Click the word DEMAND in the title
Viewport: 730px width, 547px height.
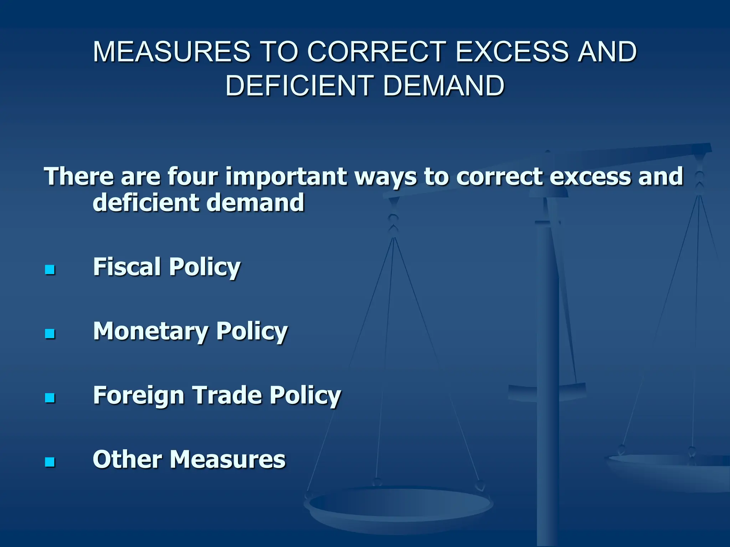click(x=444, y=86)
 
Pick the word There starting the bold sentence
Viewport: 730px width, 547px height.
click(x=78, y=176)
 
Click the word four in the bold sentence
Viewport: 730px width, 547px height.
click(x=192, y=176)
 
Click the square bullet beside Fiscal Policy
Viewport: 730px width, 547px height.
click(x=50, y=270)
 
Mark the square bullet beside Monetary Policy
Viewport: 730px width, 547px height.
click(x=50, y=334)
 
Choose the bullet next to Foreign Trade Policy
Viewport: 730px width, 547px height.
click(x=50, y=398)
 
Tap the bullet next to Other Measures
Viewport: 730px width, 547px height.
click(x=50, y=462)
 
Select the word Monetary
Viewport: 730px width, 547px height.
click(x=150, y=332)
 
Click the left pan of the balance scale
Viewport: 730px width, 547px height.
click(x=399, y=506)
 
